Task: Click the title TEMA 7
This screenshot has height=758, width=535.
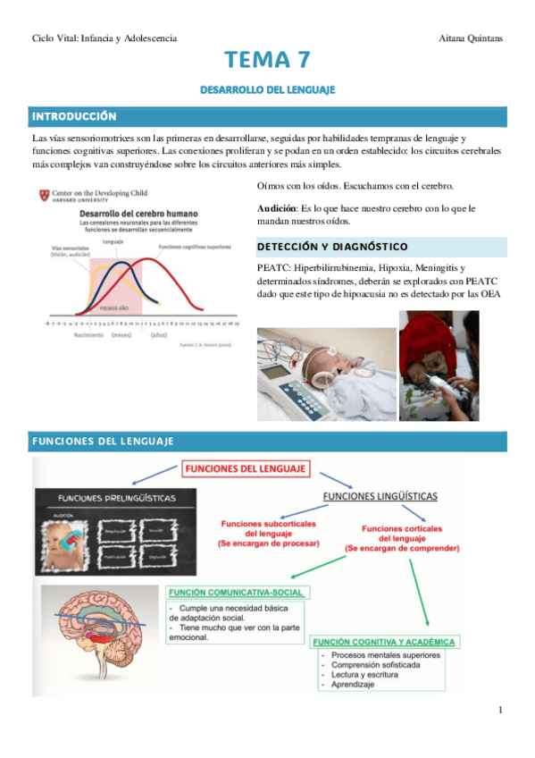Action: click(267, 61)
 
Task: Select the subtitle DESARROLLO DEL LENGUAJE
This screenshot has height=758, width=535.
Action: click(267, 90)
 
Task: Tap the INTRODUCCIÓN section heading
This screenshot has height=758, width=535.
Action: click(75, 116)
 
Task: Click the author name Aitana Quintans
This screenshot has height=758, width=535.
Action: click(472, 38)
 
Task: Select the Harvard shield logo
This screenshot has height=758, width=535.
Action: click(44, 195)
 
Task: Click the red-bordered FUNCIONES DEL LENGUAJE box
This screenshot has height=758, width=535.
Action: click(246, 467)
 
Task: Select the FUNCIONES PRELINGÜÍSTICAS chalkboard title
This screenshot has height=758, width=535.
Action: click(116, 498)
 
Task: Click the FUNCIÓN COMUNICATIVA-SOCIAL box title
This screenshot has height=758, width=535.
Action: click(236, 593)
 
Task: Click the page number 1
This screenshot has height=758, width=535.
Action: click(501, 710)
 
